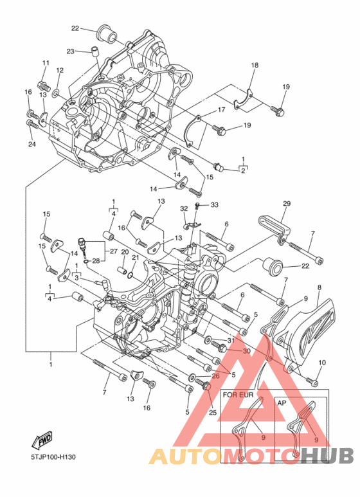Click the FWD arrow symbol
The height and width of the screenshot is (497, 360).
tap(42, 440)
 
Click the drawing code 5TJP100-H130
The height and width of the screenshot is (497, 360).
tap(53, 457)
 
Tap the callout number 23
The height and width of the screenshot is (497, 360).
tap(70, 51)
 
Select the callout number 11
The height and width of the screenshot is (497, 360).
tap(46, 63)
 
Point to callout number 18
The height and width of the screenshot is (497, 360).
tap(255, 65)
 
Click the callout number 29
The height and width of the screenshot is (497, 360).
tap(287, 203)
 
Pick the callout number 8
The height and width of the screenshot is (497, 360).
tap(319, 287)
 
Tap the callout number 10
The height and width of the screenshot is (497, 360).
tap(322, 362)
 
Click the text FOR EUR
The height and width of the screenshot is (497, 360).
tap(239, 395)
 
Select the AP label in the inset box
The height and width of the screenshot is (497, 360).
tap(282, 402)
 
